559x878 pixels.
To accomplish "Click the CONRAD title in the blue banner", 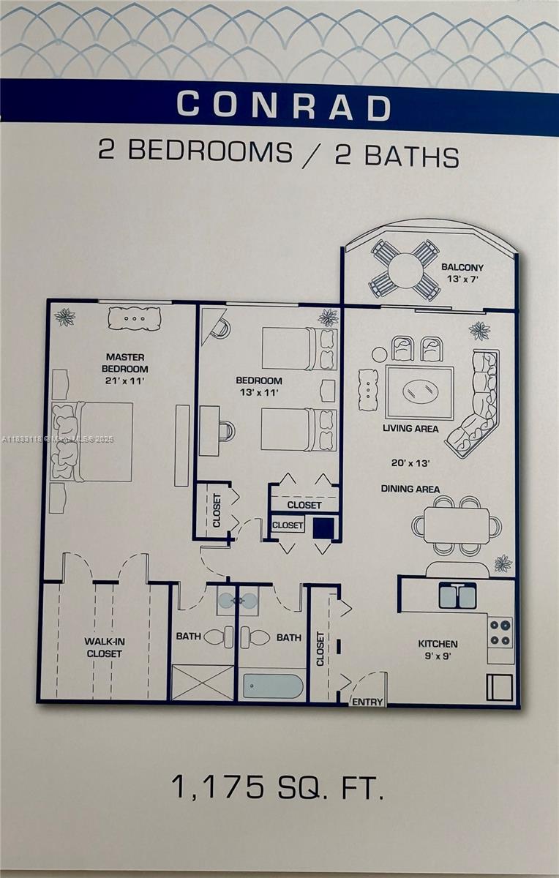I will [284, 105].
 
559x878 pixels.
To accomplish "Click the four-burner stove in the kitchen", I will [500, 633].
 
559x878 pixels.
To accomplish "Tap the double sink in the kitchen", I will [457, 596].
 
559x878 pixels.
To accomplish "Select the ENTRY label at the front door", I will [367, 702].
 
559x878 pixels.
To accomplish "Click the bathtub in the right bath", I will [272, 686].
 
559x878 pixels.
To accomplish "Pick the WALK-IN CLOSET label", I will [104, 647].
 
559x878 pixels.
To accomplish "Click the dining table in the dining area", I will [457, 525].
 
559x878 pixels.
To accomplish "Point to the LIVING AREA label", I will [410, 428].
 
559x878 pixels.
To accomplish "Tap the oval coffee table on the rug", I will [419, 391].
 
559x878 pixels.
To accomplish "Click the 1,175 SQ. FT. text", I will [277, 788].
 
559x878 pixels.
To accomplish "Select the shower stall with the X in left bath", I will [202, 683].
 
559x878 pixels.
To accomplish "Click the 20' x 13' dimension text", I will [410, 462].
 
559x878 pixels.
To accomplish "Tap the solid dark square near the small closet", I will [323, 528].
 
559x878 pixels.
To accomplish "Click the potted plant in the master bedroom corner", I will [65, 317].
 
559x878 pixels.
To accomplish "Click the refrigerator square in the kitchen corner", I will [500, 687].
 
